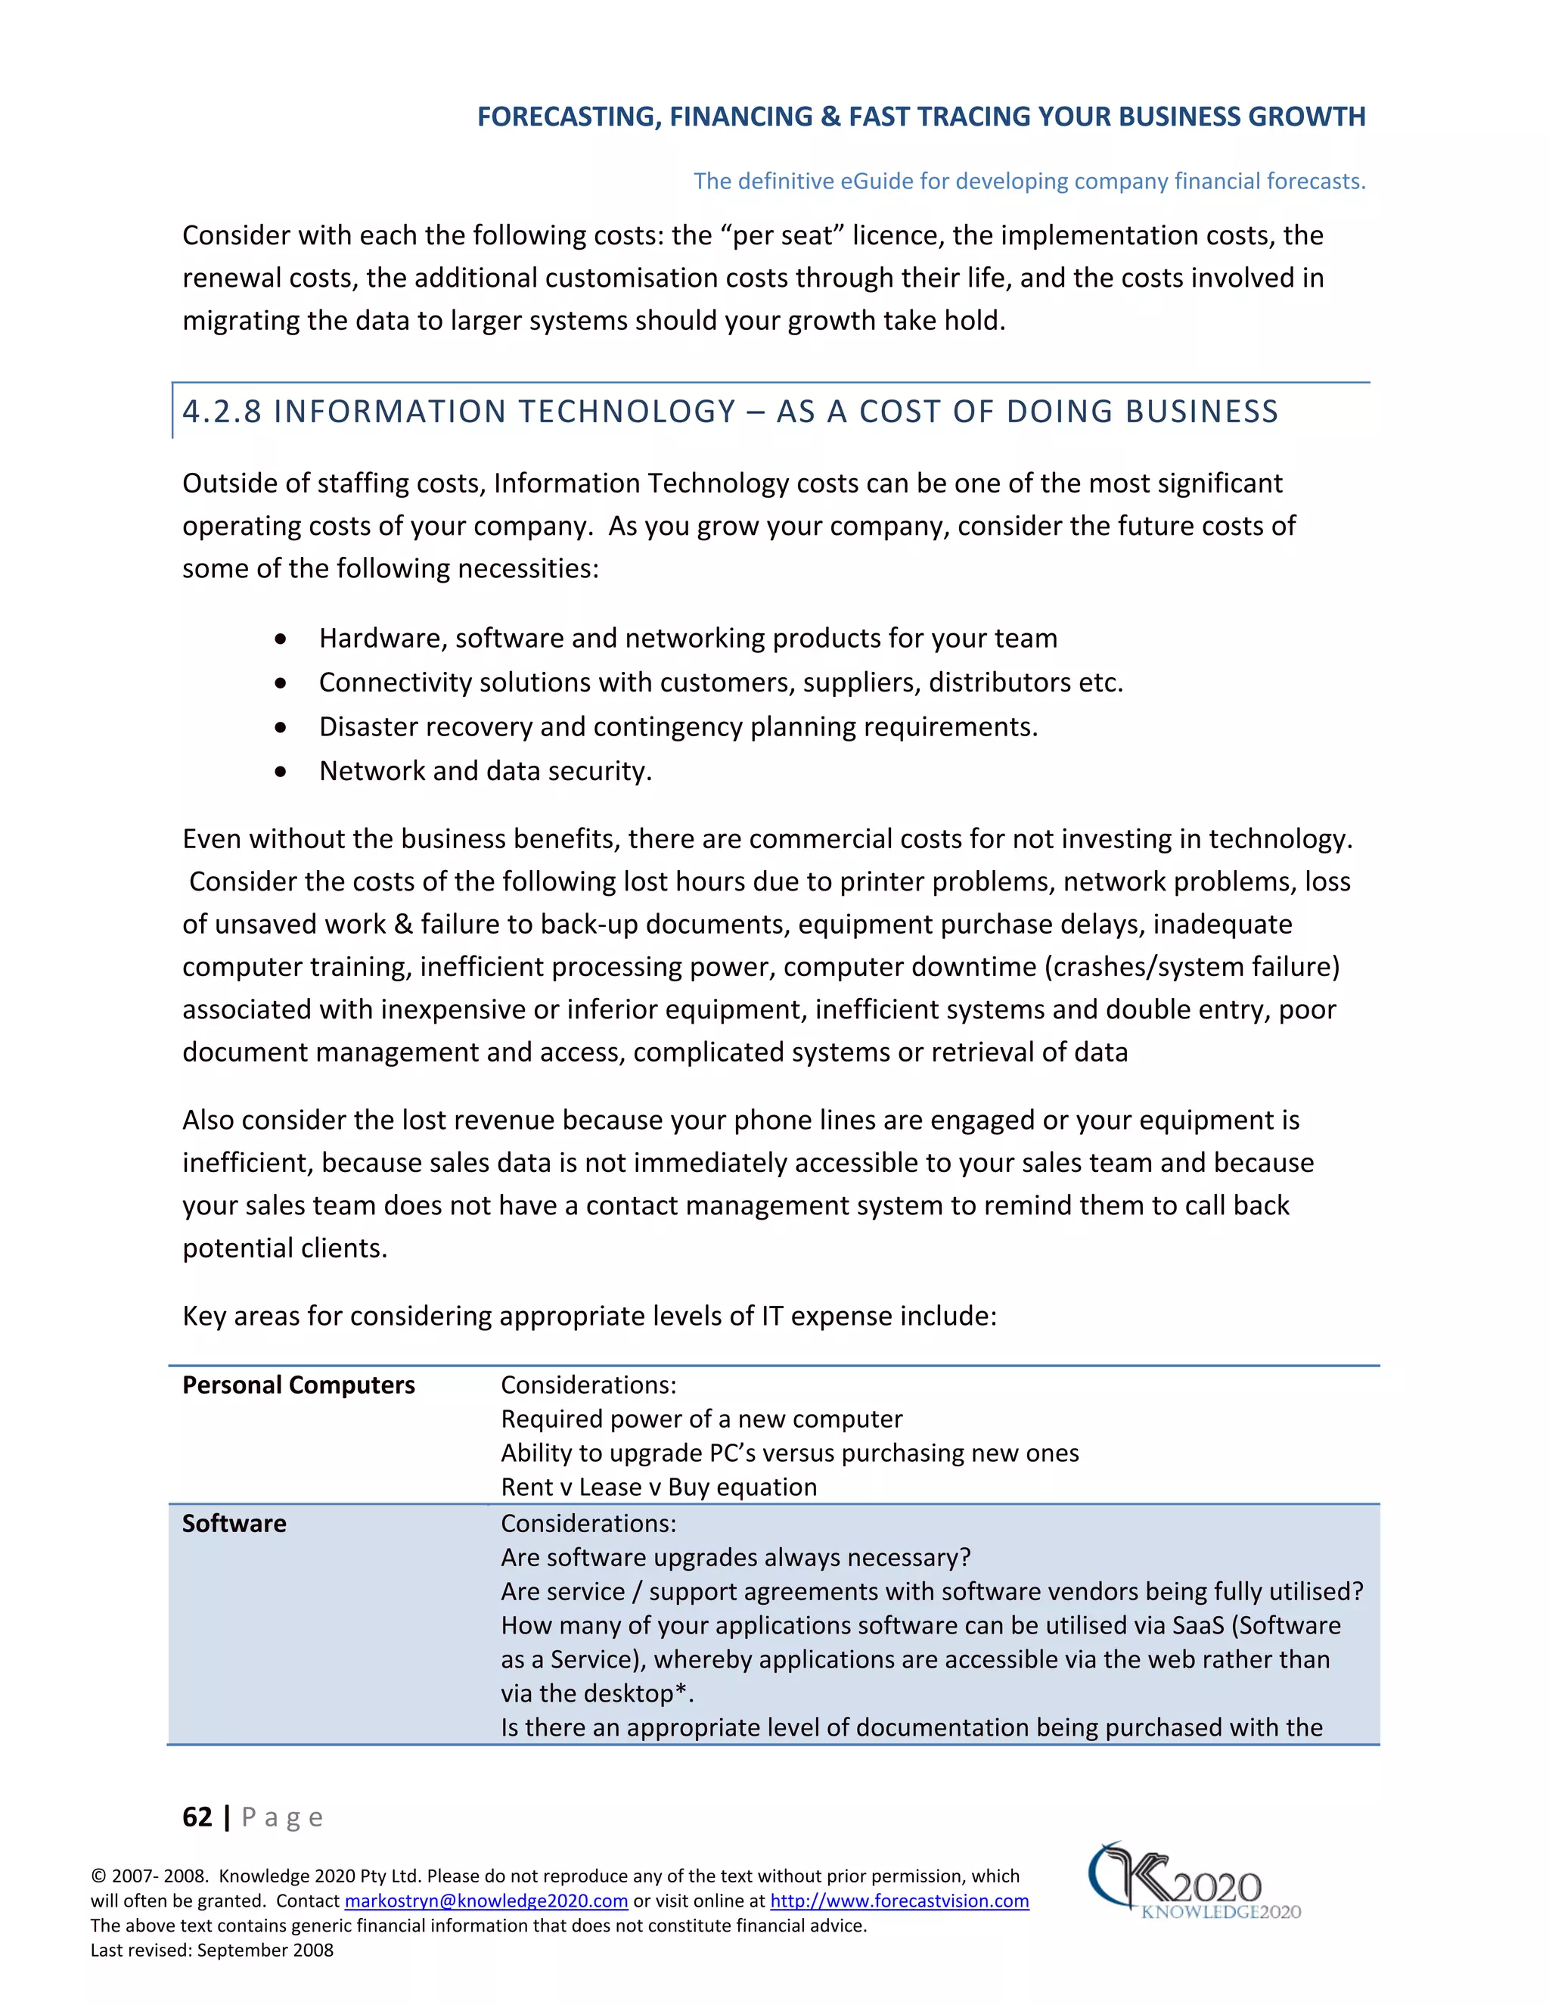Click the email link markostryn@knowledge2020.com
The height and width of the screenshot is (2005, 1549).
tap(486, 1901)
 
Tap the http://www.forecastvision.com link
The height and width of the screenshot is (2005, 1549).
tap(899, 1901)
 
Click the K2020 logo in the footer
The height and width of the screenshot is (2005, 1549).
tap(1193, 1881)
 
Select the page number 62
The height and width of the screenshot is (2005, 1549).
tap(197, 1817)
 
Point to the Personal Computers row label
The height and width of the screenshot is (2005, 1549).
tap(298, 1385)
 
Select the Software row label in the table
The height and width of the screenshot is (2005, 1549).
tap(234, 1523)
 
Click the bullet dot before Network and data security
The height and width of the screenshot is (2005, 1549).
tap(281, 771)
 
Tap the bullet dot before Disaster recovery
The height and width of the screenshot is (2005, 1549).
tap(281, 727)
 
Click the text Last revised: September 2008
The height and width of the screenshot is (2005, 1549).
tap(212, 1950)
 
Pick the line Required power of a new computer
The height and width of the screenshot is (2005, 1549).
tap(701, 1419)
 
